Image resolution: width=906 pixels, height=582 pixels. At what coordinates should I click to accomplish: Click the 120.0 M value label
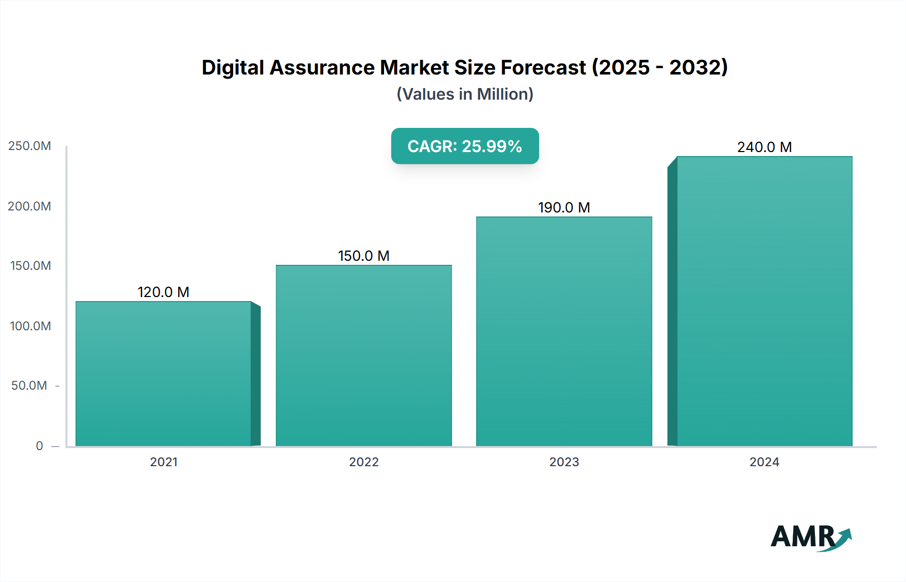pyautogui.click(x=164, y=292)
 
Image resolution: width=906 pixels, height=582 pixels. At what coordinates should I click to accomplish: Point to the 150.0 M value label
pyautogui.click(x=363, y=256)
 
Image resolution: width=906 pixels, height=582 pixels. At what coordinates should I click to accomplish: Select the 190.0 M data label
pyautogui.click(x=564, y=207)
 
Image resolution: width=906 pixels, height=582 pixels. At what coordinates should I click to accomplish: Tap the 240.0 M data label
pyautogui.click(x=764, y=147)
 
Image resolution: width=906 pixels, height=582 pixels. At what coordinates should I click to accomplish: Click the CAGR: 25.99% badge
pyautogui.click(x=465, y=146)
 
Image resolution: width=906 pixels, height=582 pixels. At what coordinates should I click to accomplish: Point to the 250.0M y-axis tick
pyautogui.click(x=30, y=146)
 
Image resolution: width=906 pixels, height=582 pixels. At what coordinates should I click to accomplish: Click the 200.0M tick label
pyautogui.click(x=30, y=206)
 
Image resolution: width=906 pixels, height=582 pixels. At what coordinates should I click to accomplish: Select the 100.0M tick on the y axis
pyautogui.click(x=30, y=326)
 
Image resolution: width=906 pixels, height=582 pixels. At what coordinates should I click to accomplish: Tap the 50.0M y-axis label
pyautogui.click(x=29, y=386)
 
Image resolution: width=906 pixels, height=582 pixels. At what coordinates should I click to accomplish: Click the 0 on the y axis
pyautogui.click(x=39, y=446)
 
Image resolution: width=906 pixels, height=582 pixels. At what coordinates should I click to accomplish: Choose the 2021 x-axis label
pyautogui.click(x=164, y=462)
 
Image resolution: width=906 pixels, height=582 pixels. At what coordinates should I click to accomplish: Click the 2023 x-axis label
pyautogui.click(x=564, y=462)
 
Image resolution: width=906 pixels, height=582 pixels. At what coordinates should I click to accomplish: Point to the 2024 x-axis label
pyautogui.click(x=764, y=462)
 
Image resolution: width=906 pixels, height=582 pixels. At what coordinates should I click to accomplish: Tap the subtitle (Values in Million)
pyautogui.click(x=465, y=94)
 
